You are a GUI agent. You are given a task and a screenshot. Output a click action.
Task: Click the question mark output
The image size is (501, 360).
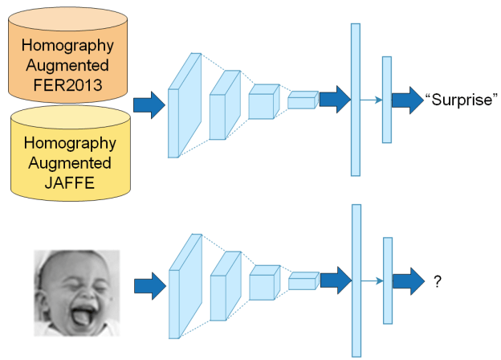click(x=438, y=282)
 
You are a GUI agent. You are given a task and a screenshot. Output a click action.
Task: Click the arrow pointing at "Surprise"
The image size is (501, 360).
click(x=407, y=99)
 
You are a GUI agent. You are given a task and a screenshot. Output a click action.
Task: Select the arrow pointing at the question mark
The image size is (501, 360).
click(x=407, y=281)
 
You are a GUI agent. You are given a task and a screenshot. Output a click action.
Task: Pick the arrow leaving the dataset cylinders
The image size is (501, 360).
click(x=149, y=104)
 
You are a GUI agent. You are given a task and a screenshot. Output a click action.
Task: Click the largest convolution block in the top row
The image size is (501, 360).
click(x=184, y=104)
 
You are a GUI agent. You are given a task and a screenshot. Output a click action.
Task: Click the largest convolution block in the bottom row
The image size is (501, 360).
click(x=184, y=285)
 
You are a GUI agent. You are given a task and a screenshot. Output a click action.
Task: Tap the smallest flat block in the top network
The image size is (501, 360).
click(x=303, y=100)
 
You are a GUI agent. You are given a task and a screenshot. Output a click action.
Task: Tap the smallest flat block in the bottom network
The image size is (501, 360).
click(x=303, y=280)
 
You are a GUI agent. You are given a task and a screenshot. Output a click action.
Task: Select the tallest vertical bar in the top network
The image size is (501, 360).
click(x=356, y=99)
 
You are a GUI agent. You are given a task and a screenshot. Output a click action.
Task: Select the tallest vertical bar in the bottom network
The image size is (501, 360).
click(x=356, y=280)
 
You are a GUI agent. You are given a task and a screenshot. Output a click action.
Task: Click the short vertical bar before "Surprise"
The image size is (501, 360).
click(x=386, y=100)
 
